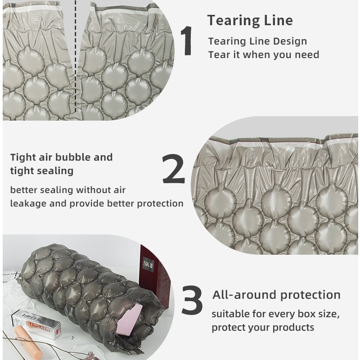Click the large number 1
tap(187, 40)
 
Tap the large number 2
tap(174, 169)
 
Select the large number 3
tap(192, 300)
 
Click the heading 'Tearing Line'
tap(250, 20)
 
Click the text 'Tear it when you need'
tap(264, 55)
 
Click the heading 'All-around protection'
tap(276, 295)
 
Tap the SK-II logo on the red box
tap(148, 264)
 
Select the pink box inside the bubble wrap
tap(129, 319)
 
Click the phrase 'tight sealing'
tap(42, 171)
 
